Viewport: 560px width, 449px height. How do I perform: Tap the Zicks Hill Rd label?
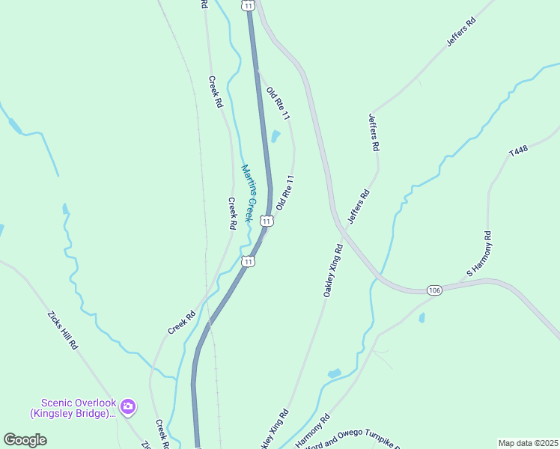[x=63, y=330]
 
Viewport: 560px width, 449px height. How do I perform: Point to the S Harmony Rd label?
[x=479, y=254]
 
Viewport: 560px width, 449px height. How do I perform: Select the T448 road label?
[x=519, y=151]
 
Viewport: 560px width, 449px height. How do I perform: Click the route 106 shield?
[x=435, y=290]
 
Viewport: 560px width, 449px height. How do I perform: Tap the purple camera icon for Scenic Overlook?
[x=127, y=406]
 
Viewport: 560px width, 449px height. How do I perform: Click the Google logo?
[x=25, y=440]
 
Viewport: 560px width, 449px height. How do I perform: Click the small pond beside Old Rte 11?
[x=275, y=137]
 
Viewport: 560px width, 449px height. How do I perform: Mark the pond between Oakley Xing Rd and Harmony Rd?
[x=334, y=373]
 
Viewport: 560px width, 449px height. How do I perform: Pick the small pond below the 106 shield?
[x=422, y=318]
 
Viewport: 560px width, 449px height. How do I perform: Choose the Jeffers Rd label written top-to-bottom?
[x=373, y=132]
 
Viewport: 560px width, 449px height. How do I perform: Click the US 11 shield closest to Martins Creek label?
[x=267, y=221]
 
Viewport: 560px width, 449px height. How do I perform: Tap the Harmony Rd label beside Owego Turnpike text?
[x=312, y=433]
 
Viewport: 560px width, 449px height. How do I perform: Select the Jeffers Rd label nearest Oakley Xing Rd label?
[x=359, y=208]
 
